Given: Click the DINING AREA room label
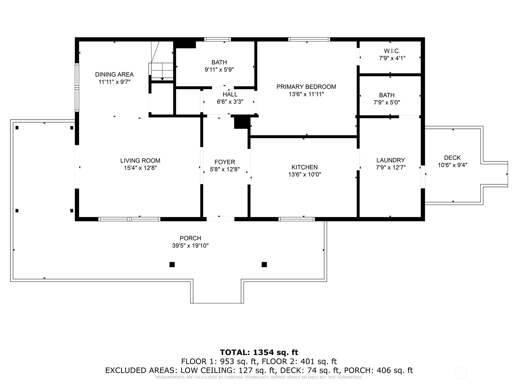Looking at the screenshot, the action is coord(114,75).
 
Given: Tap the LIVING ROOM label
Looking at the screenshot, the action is coord(140,161).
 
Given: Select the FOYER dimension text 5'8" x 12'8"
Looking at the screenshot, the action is coord(225,169).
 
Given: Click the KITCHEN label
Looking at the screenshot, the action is coord(304,167).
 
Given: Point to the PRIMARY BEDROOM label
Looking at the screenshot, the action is coord(306,87).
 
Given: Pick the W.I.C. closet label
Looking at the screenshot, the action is coord(392,51).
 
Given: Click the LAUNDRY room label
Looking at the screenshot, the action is coord(390,160).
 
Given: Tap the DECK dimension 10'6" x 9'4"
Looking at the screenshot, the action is coord(452,165).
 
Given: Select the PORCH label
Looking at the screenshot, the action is coord(190,238).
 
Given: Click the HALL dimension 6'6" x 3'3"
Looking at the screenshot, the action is coord(230,102).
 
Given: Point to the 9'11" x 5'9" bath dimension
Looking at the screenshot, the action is coord(219,70).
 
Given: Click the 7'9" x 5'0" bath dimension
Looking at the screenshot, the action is coord(387,102).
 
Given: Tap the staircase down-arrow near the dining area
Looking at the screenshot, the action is coord(163,79).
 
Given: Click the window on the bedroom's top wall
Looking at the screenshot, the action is coord(309,39).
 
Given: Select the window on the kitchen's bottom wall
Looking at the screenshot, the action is coord(297,219).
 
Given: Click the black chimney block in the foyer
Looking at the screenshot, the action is coord(242,123).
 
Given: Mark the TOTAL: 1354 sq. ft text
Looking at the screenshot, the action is coord(259,352).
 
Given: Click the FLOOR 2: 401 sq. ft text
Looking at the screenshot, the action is coord(299,361).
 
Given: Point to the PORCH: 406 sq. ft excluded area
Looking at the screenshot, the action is coord(378,371).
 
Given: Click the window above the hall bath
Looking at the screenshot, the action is coord(217,39).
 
